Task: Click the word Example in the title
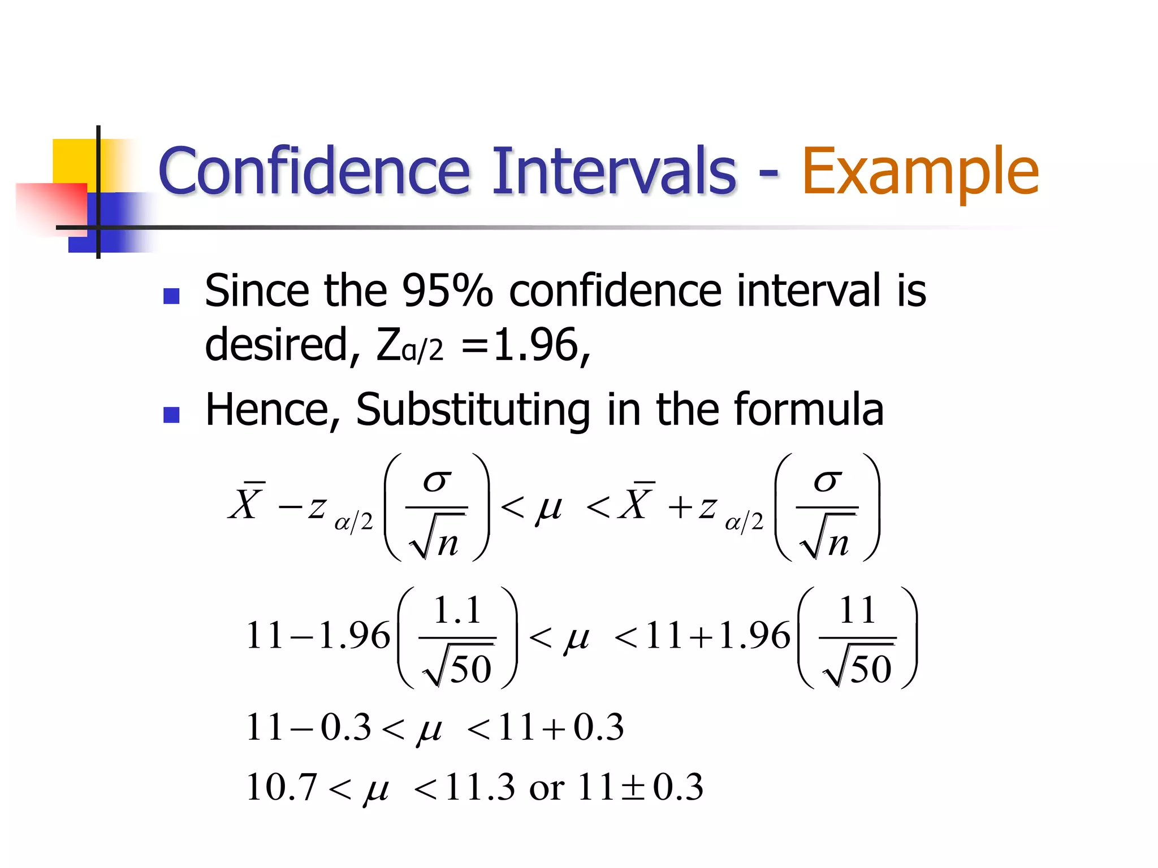click(x=920, y=171)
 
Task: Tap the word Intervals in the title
click(x=614, y=171)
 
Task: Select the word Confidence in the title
click(x=314, y=171)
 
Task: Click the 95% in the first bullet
click(x=447, y=291)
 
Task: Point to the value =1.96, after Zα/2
click(x=526, y=345)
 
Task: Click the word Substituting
click(x=473, y=410)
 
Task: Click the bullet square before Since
click(x=171, y=296)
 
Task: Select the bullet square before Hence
click(x=171, y=415)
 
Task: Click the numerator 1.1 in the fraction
click(x=457, y=611)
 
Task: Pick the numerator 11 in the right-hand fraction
click(x=857, y=611)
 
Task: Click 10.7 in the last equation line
click(x=281, y=787)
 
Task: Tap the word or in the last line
click(x=546, y=788)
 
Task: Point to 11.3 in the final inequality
click(x=479, y=787)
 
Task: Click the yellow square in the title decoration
click(x=74, y=161)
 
